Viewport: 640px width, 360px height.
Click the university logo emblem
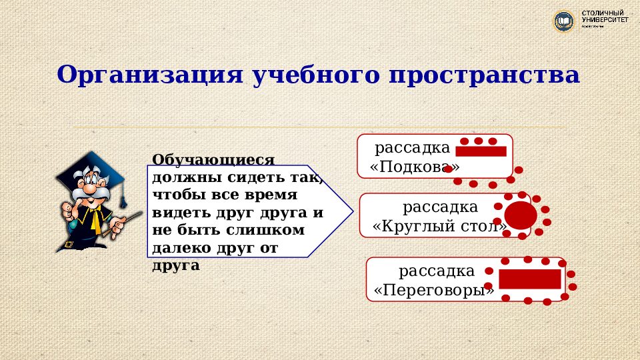(565, 21)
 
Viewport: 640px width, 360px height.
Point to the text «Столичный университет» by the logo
(605, 19)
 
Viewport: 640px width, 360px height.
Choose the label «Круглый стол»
(440, 226)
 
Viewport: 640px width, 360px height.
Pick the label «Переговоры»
(434, 291)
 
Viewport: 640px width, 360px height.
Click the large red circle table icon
(520, 215)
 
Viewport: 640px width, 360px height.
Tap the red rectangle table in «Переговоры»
(530, 279)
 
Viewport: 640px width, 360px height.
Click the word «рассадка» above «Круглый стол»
(440, 207)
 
